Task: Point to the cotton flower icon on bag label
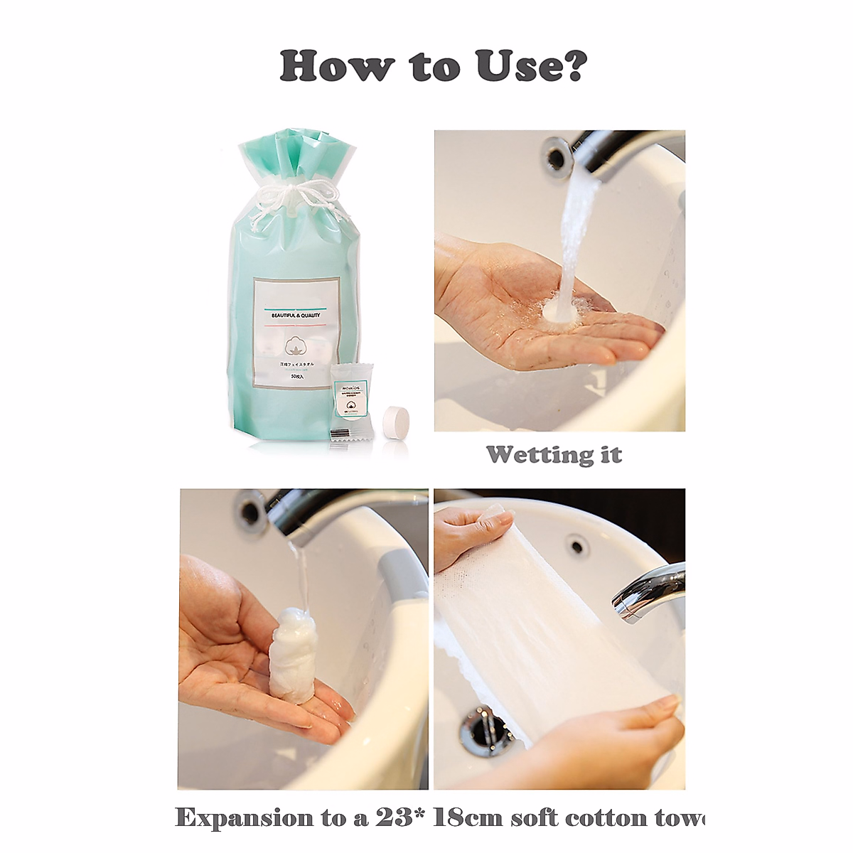[296, 345]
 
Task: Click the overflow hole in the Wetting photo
[556, 150]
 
